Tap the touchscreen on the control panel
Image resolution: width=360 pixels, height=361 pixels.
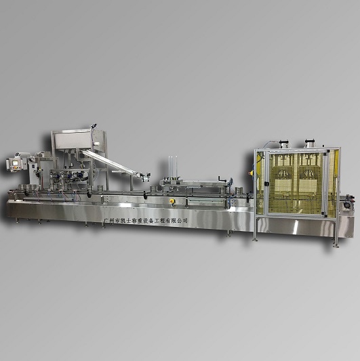[15, 163]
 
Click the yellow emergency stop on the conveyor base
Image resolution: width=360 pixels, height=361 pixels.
[172, 201]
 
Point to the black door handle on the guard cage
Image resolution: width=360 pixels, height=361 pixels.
[266, 184]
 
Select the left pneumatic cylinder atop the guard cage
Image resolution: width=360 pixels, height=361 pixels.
[283, 144]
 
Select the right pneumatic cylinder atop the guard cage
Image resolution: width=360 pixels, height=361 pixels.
[310, 143]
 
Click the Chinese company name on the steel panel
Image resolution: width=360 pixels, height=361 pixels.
[146, 220]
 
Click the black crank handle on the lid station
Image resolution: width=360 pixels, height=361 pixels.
[222, 179]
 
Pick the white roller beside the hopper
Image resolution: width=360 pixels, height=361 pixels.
[96, 144]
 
